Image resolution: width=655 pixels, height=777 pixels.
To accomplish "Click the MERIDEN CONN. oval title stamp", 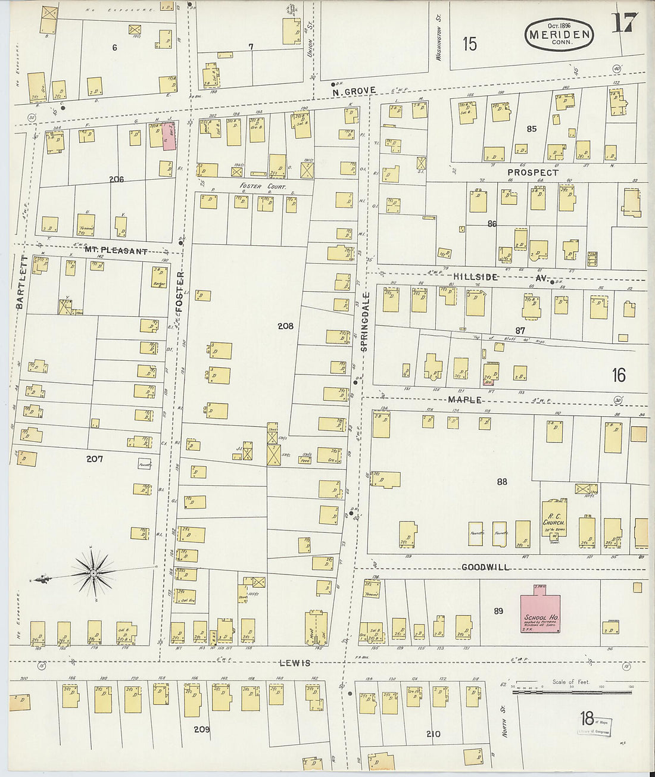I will click(x=559, y=35).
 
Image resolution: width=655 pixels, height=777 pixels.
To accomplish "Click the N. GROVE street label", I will click(x=354, y=91).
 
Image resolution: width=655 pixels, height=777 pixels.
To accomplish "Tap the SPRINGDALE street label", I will click(x=366, y=321).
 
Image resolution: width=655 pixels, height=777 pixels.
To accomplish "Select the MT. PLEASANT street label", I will click(x=116, y=251).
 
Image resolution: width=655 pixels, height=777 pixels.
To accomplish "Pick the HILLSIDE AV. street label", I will click(x=500, y=277).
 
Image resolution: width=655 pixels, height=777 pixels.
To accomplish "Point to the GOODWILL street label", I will click(x=485, y=567).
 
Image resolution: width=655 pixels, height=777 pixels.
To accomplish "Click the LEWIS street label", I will click(x=295, y=663).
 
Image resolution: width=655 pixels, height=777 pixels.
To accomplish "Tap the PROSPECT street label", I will click(x=532, y=172).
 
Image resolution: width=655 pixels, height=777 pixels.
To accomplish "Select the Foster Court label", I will click(x=263, y=186).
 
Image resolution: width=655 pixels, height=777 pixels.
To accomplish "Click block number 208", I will click(x=285, y=326).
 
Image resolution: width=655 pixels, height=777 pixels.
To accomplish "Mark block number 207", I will click(x=94, y=458).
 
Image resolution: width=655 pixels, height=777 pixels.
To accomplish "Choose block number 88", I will click(x=501, y=481).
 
